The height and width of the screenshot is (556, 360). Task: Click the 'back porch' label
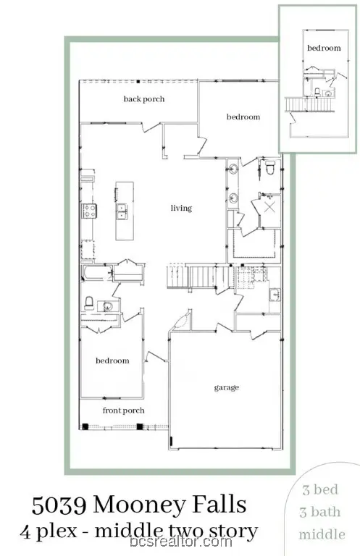[x=143, y=98]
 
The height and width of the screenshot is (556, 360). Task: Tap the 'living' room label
[x=181, y=208]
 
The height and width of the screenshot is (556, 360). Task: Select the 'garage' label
[x=226, y=387]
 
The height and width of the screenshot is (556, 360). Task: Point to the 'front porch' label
[x=123, y=410]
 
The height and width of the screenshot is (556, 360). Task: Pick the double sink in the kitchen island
[x=122, y=211]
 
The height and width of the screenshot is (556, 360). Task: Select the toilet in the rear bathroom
[x=269, y=169]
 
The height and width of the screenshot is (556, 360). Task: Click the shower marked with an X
[x=269, y=208]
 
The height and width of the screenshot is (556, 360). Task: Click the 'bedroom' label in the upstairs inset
[x=323, y=48]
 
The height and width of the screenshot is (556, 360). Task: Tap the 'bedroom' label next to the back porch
[x=243, y=117]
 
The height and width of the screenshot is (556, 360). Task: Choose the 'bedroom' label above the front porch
[x=112, y=361]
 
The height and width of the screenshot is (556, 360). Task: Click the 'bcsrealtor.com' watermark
[x=180, y=542]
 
